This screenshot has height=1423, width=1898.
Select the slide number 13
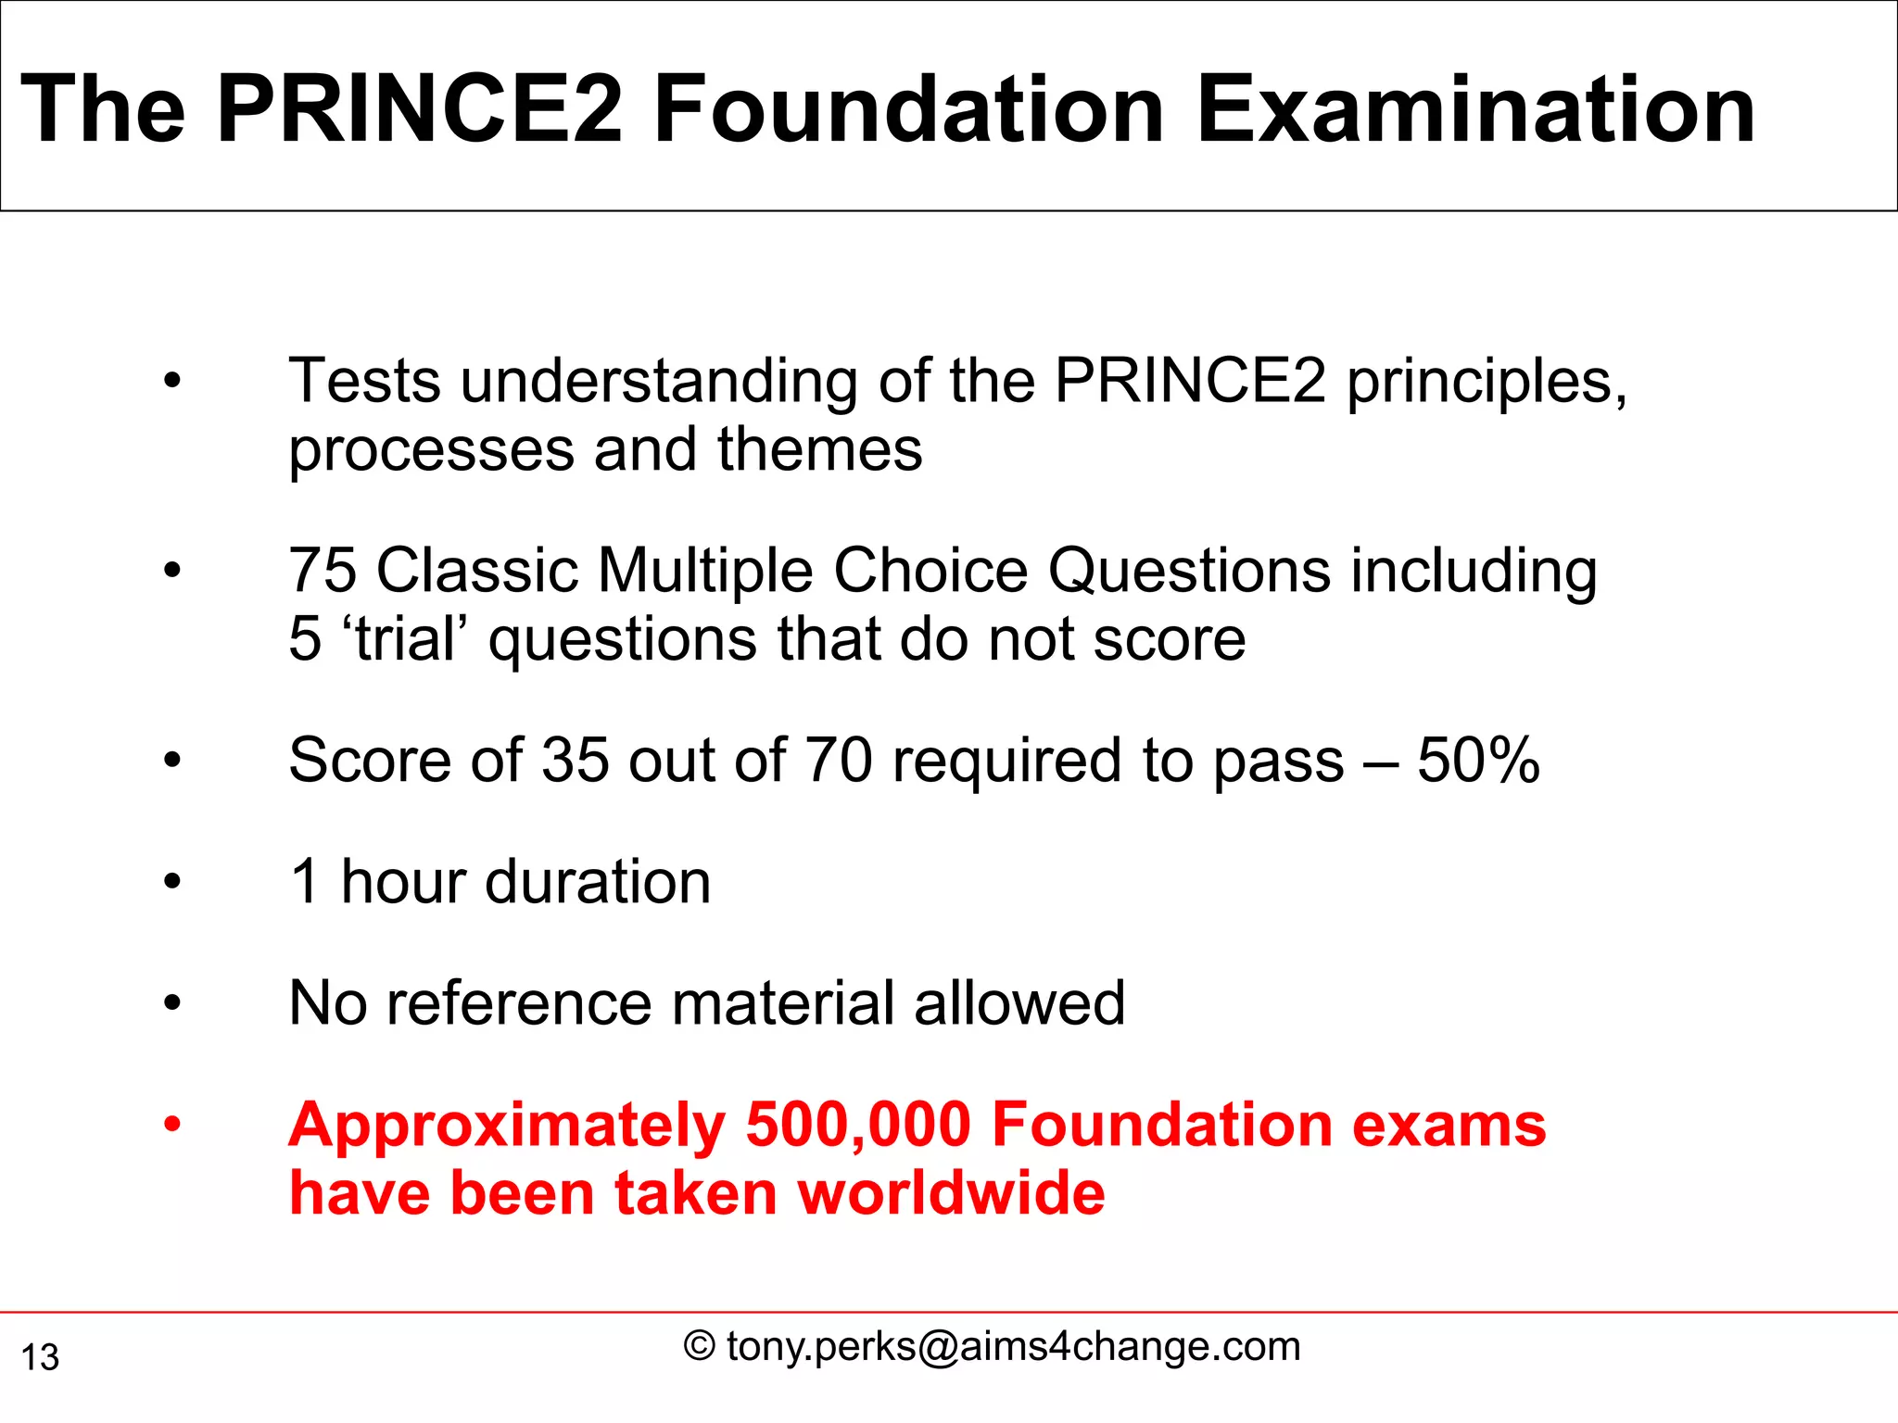[x=40, y=1357]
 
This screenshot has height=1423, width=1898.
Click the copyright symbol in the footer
[x=700, y=1346]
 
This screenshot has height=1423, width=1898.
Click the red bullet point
[x=172, y=1126]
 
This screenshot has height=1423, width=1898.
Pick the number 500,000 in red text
[x=858, y=1126]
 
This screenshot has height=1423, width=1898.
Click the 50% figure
[x=1478, y=761]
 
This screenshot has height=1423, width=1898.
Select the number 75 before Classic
[x=323, y=570]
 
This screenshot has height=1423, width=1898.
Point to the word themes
[x=819, y=450]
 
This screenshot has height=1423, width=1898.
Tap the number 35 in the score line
[x=576, y=761]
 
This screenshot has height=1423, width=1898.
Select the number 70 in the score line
[x=838, y=761]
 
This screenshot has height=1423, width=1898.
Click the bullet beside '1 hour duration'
[x=172, y=881]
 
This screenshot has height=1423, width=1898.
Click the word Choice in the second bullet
[x=930, y=570]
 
